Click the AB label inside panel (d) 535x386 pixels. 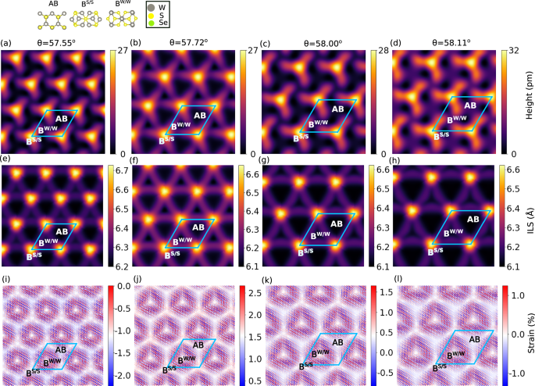(470, 105)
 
